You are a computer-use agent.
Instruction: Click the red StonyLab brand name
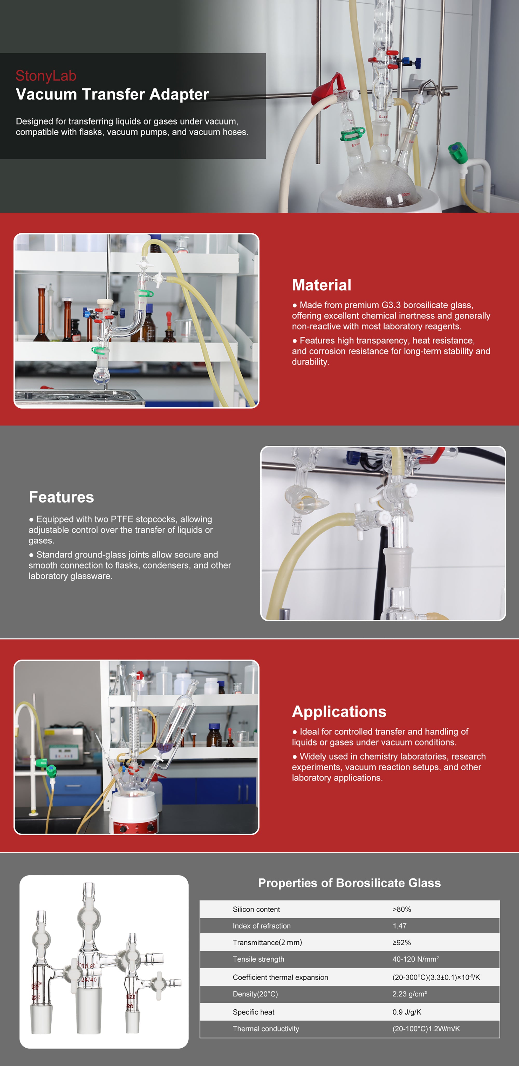[46, 76]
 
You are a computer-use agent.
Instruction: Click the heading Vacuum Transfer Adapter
[112, 94]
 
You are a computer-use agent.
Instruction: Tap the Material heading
[322, 285]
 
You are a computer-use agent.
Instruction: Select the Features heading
[61, 497]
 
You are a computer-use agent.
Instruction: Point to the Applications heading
[339, 712]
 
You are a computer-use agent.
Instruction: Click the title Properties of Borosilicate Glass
[349, 883]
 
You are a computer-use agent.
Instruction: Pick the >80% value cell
[401, 909]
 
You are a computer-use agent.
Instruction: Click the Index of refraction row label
[262, 926]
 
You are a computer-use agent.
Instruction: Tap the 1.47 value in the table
[399, 926]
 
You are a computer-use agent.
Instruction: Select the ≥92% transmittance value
[401, 942]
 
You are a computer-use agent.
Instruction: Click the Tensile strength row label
[258, 959]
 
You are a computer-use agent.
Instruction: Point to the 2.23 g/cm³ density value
[409, 994]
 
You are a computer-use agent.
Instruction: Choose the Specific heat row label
[253, 1012]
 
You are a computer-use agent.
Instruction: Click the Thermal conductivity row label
[266, 1028]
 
